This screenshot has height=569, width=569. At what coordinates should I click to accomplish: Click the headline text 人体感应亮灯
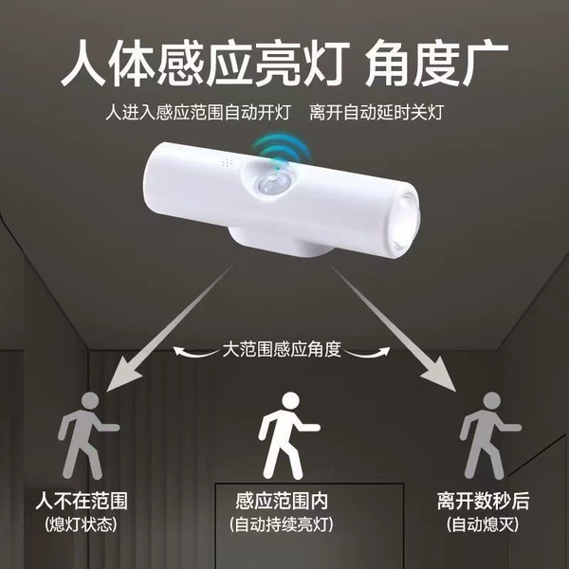[x=206, y=64]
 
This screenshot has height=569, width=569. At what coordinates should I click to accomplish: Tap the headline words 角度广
[x=436, y=64]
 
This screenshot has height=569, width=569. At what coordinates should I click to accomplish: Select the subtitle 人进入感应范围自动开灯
[x=198, y=112]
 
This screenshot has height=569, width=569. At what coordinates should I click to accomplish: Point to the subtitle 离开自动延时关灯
[x=376, y=112]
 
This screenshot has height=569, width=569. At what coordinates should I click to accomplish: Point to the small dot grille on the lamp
[x=228, y=164]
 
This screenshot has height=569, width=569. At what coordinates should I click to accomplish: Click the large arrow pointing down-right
[x=395, y=328]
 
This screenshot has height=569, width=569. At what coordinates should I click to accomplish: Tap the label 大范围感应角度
[x=282, y=349]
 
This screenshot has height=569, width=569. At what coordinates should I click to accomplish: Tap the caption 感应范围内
[x=282, y=501]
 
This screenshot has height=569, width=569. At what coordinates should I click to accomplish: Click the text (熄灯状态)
[x=82, y=524]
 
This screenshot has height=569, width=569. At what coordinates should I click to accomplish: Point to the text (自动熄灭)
[x=483, y=524]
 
